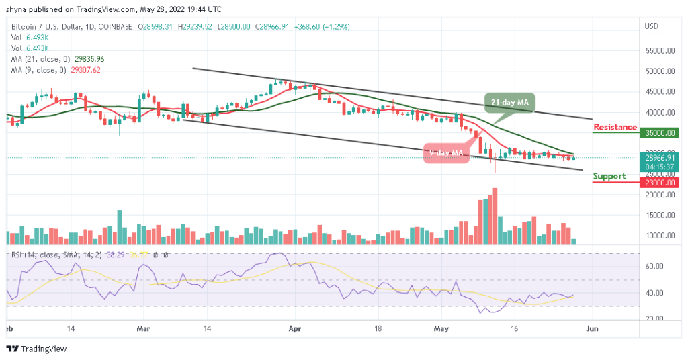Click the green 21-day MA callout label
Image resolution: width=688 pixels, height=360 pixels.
tap(510, 102)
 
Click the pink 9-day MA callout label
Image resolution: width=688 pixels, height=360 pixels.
tap(446, 153)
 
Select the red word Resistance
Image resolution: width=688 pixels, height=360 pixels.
tap(615, 127)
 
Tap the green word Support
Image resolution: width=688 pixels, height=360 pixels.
tap(609, 176)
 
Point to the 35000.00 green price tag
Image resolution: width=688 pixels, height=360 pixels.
tap(660, 133)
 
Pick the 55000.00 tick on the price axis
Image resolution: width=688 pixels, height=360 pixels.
tap(660, 51)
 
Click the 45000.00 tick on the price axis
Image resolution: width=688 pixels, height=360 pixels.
tap(660, 92)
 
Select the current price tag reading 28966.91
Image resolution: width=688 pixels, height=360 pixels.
tap(660, 158)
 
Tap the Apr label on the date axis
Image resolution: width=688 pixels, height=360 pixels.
tap(293, 330)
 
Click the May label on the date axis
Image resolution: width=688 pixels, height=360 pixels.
tap(441, 330)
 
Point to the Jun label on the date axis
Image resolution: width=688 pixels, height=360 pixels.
tap(592, 330)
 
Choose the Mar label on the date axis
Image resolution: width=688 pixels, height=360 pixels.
tap(142, 330)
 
